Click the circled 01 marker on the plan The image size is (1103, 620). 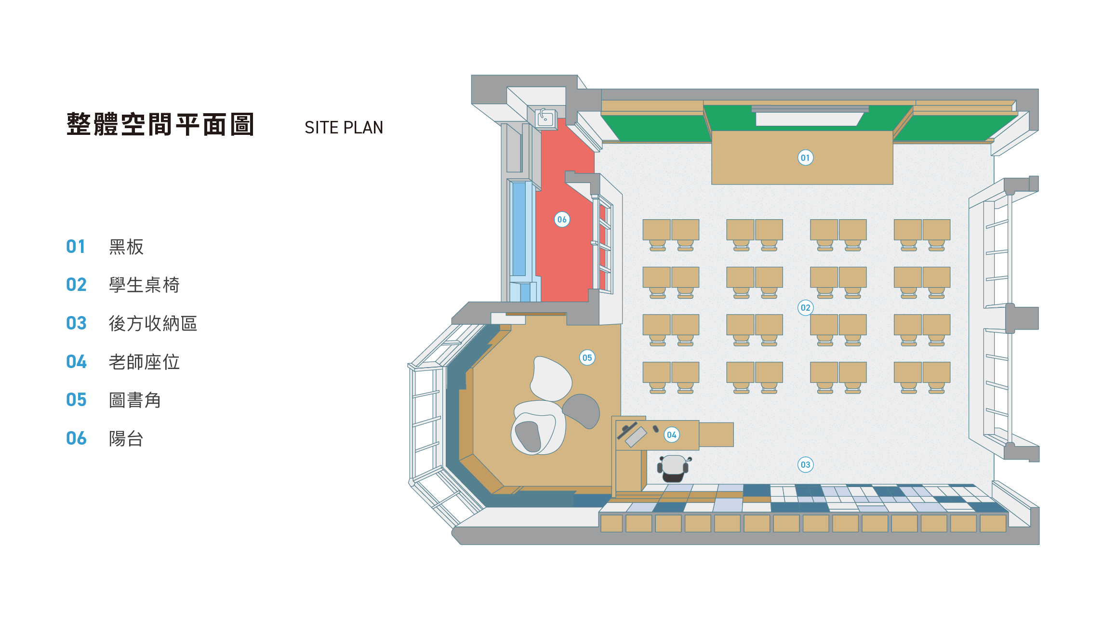click(805, 158)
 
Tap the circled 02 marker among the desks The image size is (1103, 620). click(805, 308)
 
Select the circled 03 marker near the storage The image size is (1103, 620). click(805, 465)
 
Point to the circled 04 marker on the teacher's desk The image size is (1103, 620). click(672, 435)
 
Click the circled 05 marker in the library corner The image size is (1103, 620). click(587, 358)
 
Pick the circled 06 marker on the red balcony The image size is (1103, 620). click(562, 220)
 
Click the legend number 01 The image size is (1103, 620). click(76, 247)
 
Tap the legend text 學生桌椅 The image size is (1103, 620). click(144, 285)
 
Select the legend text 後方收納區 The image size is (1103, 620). click(153, 323)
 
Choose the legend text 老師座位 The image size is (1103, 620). click(144, 362)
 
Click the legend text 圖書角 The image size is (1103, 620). click(135, 400)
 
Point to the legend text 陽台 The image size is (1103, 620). click(126, 438)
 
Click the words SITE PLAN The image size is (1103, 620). click(344, 128)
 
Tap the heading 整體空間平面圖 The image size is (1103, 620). click(160, 124)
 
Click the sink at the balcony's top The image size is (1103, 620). click(545, 118)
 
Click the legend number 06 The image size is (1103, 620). click(76, 438)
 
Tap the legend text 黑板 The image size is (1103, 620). click(126, 247)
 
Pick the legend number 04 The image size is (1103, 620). click(76, 362)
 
